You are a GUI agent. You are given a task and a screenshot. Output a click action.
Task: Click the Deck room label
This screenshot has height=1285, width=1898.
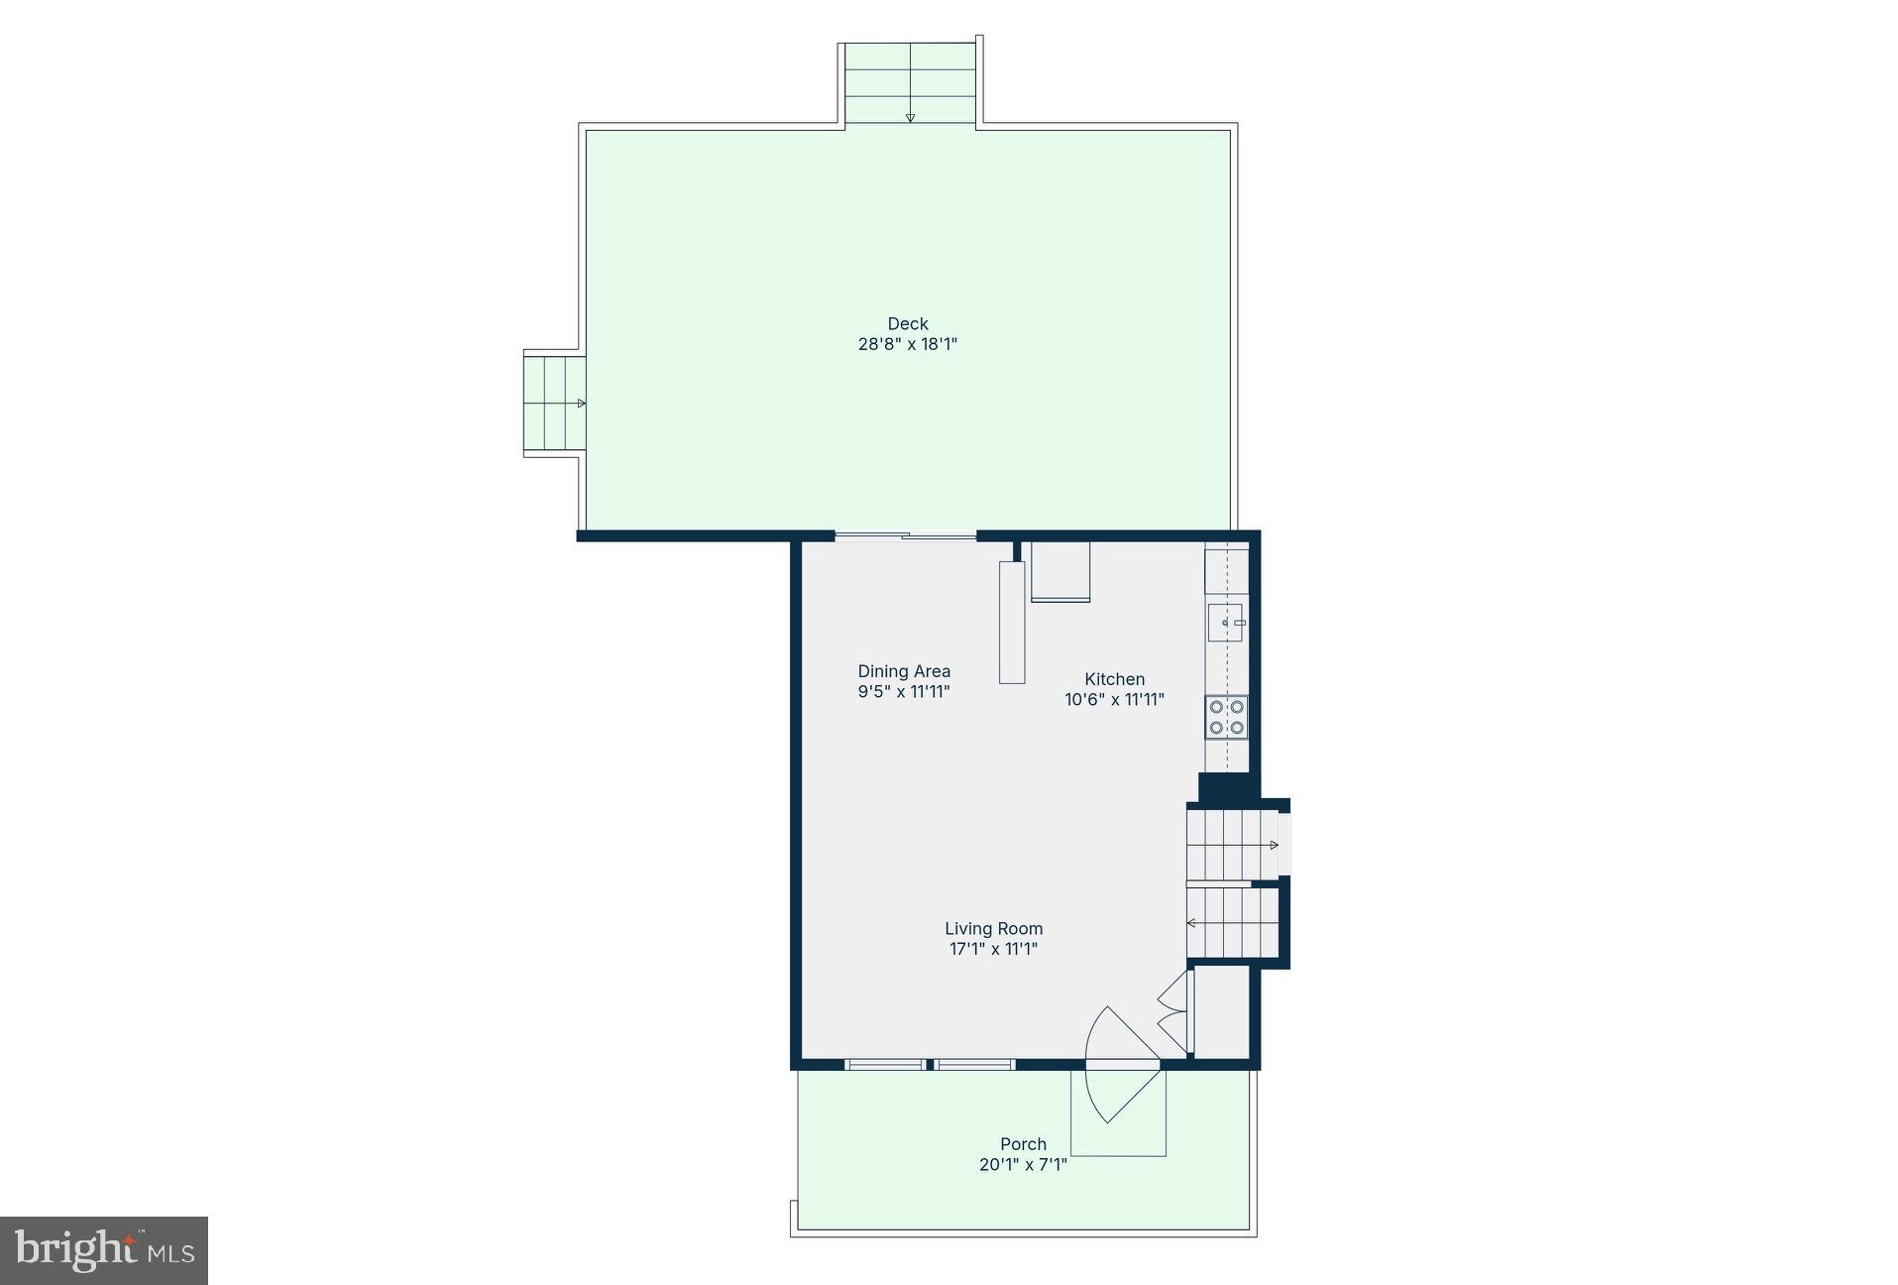pos(907,323)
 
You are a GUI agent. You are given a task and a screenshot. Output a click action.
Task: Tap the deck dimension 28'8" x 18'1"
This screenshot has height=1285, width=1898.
pos(907,345)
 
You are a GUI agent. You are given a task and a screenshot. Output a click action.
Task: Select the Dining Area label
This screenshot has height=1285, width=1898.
pos(904,671)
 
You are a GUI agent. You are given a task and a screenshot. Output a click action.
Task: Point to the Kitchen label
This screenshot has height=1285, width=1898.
pos(1114,679)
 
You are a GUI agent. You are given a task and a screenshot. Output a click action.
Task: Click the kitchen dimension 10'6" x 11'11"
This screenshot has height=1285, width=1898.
pos(1114,700)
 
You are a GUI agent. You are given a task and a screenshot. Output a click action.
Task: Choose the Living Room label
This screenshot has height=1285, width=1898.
pos(993,928)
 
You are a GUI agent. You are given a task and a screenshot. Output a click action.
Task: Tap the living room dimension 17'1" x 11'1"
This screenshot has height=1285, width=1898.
pos(993,949)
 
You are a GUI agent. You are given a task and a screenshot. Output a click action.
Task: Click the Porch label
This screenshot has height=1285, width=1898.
pos(1023,1144)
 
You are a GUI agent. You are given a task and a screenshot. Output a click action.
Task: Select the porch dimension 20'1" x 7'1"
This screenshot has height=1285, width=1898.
pos(1023,1165)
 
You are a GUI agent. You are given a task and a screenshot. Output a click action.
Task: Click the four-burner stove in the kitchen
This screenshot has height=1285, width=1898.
pos(1226,718)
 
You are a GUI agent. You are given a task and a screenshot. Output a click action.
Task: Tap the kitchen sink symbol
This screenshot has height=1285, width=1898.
pos(1226,622)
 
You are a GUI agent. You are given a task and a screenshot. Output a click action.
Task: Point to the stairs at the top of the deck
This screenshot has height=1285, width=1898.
pos(910,83)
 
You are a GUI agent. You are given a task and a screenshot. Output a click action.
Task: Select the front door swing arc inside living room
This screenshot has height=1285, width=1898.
pos(1120,1036)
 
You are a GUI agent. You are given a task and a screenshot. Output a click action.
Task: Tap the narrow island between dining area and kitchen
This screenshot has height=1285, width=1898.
pos(1012,623)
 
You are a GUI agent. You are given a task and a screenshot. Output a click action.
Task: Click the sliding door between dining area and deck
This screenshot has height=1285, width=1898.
pos(906,536)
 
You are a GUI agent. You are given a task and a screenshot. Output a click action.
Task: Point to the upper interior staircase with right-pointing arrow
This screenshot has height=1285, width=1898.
pos(1232,845)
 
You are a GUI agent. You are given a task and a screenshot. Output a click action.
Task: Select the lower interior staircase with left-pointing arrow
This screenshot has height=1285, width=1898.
pos(1232,923)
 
